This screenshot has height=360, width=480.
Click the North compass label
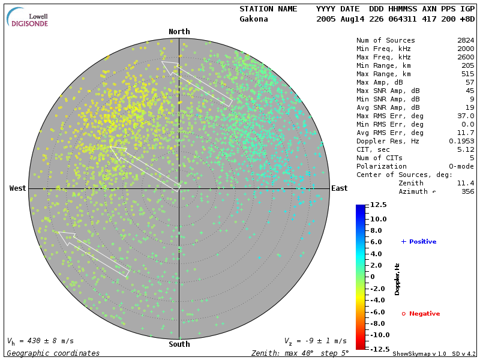[x=179, y=32]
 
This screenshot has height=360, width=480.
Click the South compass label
[x=179, y=344]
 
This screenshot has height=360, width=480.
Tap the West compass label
[x=18, y=188]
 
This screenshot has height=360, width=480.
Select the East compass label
[x=339, y=188]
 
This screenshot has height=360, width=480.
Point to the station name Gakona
[x=254, y=19]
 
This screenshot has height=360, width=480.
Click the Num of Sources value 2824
[x=466, y=40]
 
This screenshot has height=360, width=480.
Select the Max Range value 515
[x=467, y=74]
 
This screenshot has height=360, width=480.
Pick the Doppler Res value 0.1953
[x=461, y=141]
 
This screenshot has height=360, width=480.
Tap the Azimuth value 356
[x=467, y=191]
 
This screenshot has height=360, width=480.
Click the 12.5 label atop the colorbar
[x=378, y=205]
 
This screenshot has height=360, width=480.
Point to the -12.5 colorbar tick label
[x=377, y=348]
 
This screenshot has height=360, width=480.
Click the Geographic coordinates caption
[x=53, y=353]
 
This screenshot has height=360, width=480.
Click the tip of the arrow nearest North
[x=162, y=62]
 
